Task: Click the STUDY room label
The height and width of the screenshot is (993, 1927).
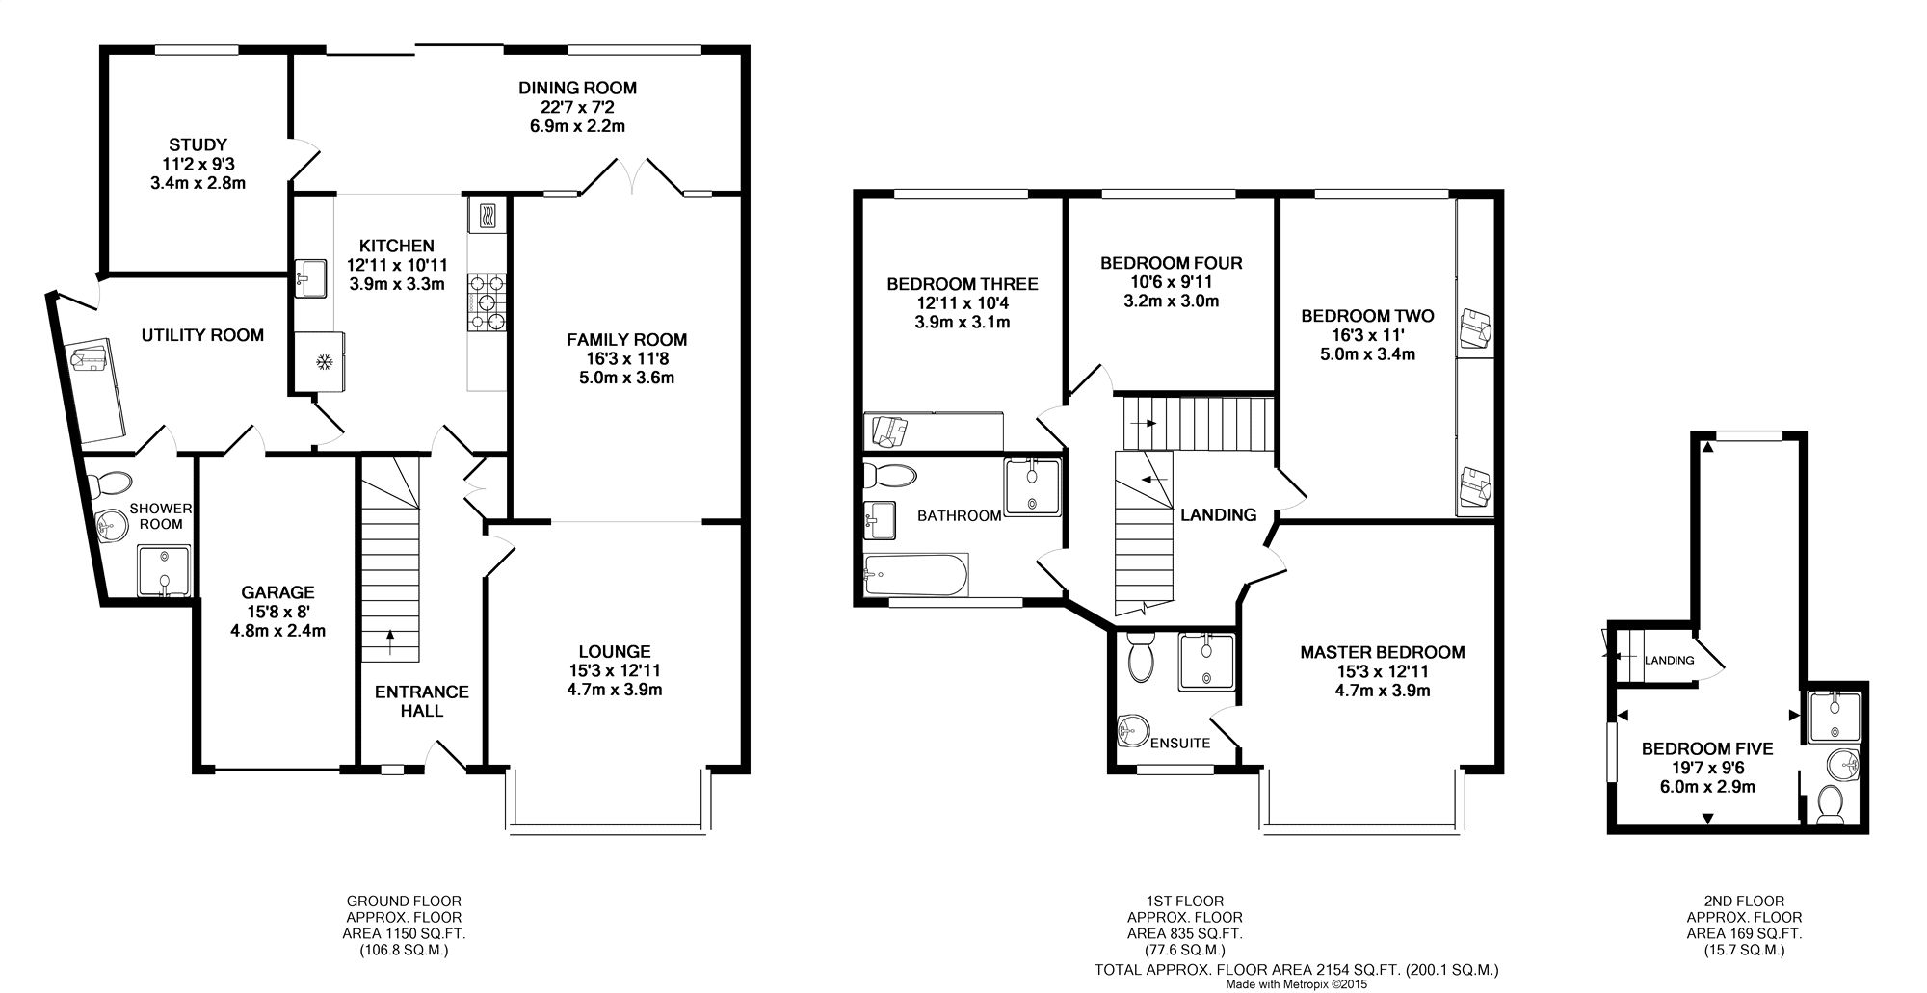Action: coord(198,145)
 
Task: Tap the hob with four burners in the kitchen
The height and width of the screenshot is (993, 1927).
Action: coord(488,302)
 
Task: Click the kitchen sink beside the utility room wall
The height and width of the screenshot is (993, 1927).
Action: coord(310,276)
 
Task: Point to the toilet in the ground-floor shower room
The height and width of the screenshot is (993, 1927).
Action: coord(114,483)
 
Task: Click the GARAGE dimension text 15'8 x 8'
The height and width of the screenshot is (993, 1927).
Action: coord(277,612)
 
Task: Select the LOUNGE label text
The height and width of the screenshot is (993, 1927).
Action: coord(615,652)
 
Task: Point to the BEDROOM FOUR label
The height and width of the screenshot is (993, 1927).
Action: coord(1171,263)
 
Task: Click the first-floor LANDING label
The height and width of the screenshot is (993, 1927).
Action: coord(1218,515)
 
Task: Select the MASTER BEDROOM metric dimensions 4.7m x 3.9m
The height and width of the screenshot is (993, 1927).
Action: coord(1382,691)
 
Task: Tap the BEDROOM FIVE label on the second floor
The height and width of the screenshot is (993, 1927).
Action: coord(1706,748)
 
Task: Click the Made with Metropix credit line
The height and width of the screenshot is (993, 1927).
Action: coord(1295,985)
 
